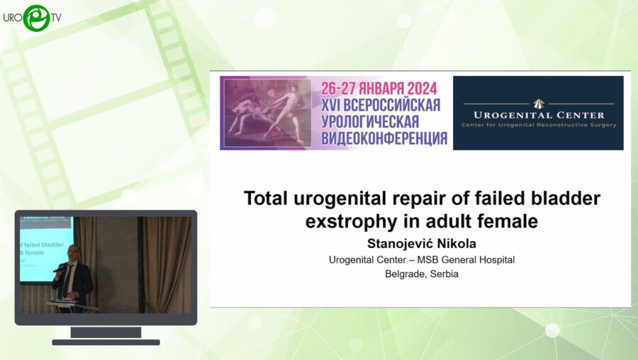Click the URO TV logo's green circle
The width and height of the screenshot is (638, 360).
[35, 18]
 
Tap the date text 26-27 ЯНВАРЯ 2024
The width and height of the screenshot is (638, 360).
[379, 89]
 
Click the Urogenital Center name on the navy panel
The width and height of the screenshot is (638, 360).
[538, 115]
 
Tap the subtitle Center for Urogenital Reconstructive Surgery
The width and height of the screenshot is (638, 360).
[538, 125]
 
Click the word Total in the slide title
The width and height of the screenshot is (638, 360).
[268, 198]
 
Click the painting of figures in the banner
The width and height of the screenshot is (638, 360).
[267, 113]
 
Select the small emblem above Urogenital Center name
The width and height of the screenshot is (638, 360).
[538, 102]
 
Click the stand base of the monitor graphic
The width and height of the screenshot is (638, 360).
[106, 342]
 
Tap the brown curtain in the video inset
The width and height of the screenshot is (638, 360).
[170, 262]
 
